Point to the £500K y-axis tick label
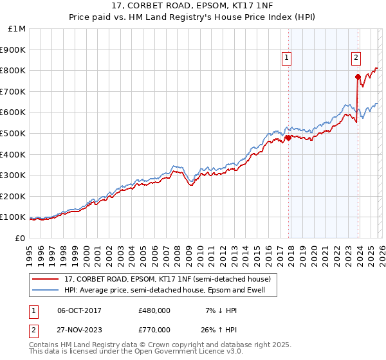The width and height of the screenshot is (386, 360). click(14, 134)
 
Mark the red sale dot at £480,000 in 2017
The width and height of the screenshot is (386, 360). click(288, 137)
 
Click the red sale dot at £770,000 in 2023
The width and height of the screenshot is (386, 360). click(358, 76)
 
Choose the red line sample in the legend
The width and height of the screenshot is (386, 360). click(45, 279)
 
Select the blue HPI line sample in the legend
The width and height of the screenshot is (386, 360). click(45, 290)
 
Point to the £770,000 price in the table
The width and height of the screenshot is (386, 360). click(154, 329)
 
